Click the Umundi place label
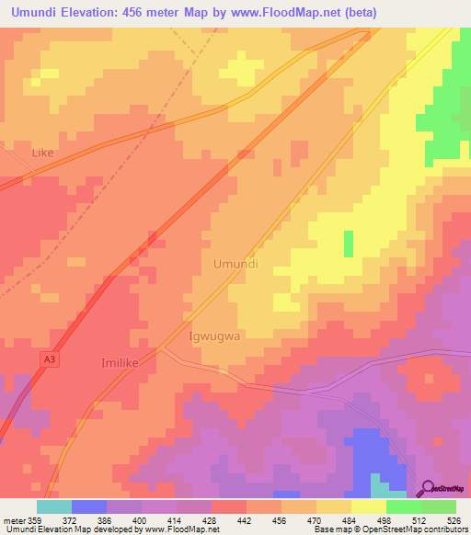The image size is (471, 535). [x=235, y=264]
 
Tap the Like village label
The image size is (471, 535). [x=43, y=154]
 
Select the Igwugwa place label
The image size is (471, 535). [x=214, y=336]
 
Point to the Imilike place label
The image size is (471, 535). [x=119, y=363]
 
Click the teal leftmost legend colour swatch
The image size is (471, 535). [x=53, y=507]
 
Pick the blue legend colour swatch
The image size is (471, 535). [x=88, y=507]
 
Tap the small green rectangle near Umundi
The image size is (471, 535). [x=349, y=244]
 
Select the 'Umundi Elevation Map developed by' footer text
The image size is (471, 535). [x=71, y=529]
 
